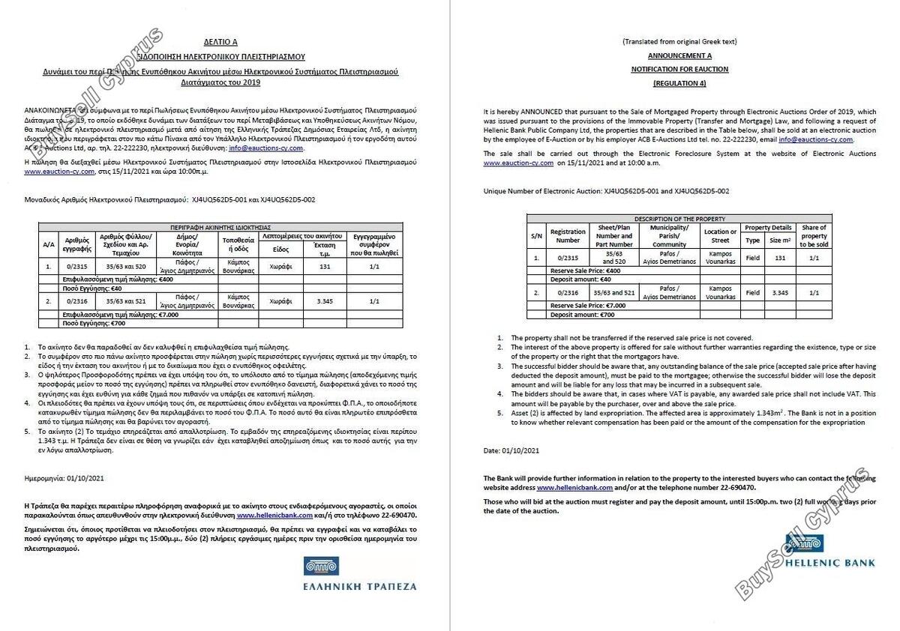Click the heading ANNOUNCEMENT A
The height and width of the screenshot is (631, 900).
click(679, 55)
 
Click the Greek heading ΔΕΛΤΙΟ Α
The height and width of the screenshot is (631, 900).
click(220, 43)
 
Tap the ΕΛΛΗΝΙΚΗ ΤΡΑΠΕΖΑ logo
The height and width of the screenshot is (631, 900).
click(359, 574)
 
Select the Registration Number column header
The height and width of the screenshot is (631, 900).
click(568, 236)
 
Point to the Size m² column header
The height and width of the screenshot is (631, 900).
click(780, 241)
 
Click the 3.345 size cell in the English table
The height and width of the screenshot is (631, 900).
click(780, 293)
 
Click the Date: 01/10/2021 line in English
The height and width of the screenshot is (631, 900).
click(511, 450)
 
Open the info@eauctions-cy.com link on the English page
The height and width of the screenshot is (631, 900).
click(815, 139)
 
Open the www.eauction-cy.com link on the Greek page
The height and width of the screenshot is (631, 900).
click(52, 171)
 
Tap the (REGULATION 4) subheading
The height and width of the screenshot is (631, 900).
click(679, 83)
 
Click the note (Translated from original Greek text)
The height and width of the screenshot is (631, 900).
click(679, 41)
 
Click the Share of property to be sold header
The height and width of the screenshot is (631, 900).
click(814, 236)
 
